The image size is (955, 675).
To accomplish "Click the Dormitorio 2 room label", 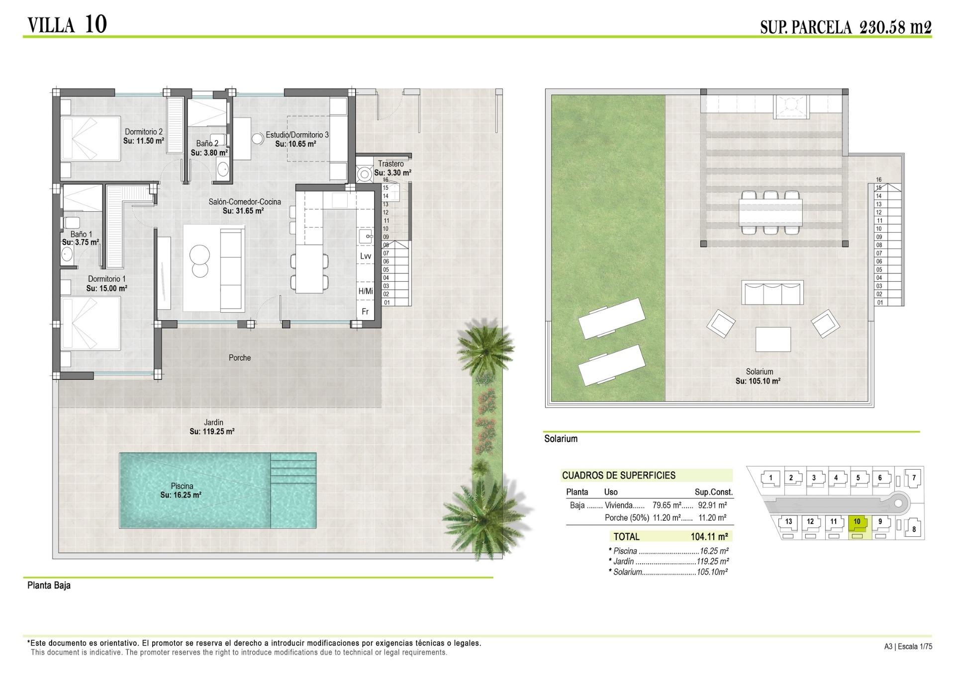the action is click(x=144, y=132).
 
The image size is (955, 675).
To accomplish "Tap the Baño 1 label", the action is click(x=81, y=234).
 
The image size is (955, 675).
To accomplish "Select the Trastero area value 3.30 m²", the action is click(x=393, y=173).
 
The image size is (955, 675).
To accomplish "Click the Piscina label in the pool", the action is click(x=182, y=486).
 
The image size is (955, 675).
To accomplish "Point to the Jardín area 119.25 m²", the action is click(x=212, y=431).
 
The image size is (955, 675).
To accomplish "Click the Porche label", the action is click(x=240, y=357).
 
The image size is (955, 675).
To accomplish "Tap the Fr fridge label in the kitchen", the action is click(x=365, y=312).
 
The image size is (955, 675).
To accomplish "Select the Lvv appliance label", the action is click(x=366, y=256).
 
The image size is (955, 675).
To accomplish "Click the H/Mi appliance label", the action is click(x=366, y=291).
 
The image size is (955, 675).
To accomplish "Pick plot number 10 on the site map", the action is click(x=857, y=522).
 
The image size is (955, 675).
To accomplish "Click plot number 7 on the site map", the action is click(x=914, y=478).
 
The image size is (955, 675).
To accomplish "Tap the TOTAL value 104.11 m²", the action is click(x=709, y=537).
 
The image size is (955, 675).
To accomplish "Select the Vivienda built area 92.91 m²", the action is click(x=713, y=505).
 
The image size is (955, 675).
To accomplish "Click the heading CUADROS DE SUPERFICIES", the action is click(x=619, y=475).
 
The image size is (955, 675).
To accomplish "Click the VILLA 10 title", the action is click(x=67, y=24).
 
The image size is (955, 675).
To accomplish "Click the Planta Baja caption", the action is click(x=49, y=585).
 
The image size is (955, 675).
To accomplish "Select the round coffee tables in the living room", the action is click(x=200, y=261).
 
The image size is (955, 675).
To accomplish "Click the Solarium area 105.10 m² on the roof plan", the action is click(x=758, y=381).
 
